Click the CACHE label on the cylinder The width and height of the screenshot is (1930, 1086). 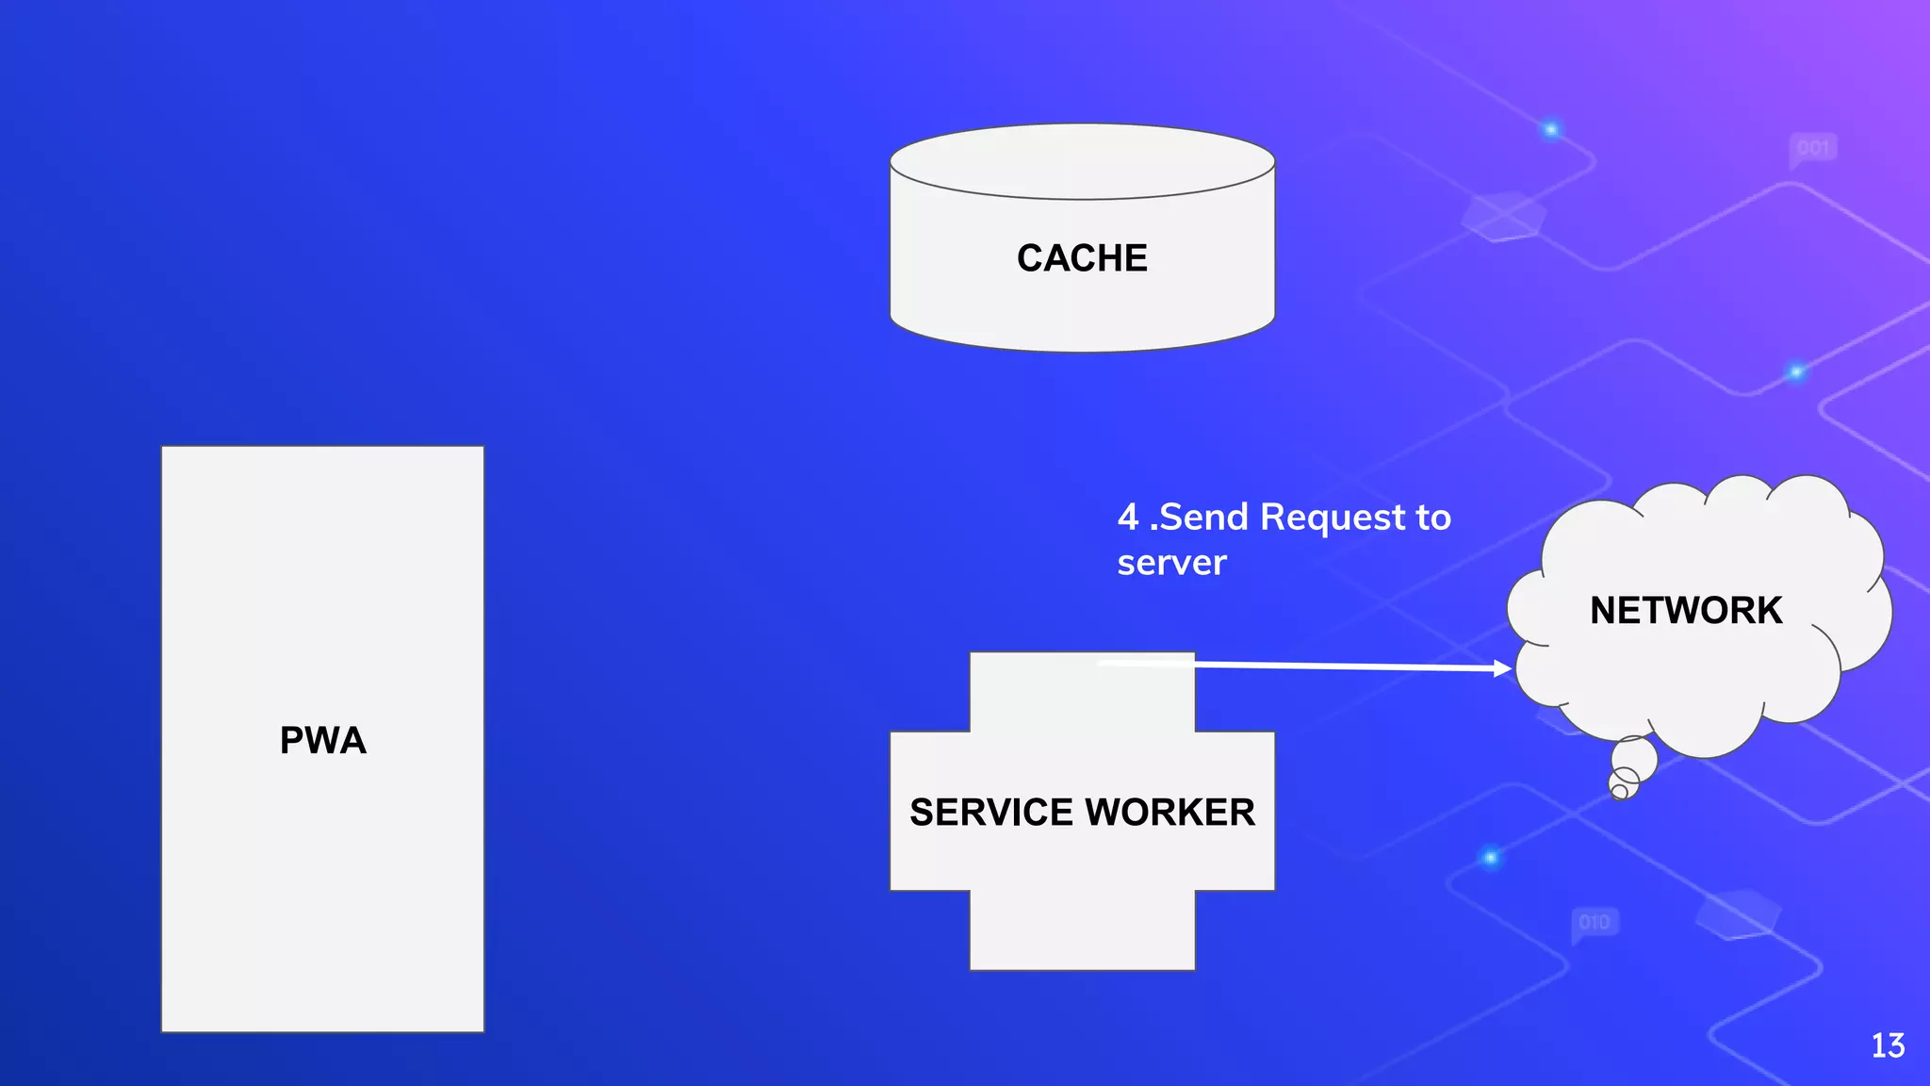point(1082,258)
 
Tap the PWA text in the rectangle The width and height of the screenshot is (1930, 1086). point(322,740)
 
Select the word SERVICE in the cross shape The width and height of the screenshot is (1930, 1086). point(991,813)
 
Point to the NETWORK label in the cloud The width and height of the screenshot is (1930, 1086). point(1686,611)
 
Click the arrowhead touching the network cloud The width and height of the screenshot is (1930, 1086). point(1503,668)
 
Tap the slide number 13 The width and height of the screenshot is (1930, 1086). point(1888,1045)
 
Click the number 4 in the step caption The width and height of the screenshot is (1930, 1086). point(1128,518)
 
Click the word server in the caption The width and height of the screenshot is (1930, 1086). point(1171,563)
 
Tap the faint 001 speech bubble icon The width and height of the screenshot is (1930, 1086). point(1813,149)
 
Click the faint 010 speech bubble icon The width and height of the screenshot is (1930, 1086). point(1595,922)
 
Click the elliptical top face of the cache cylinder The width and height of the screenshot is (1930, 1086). point(1082,162)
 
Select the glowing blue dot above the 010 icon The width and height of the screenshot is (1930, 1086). point(1490,857)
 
